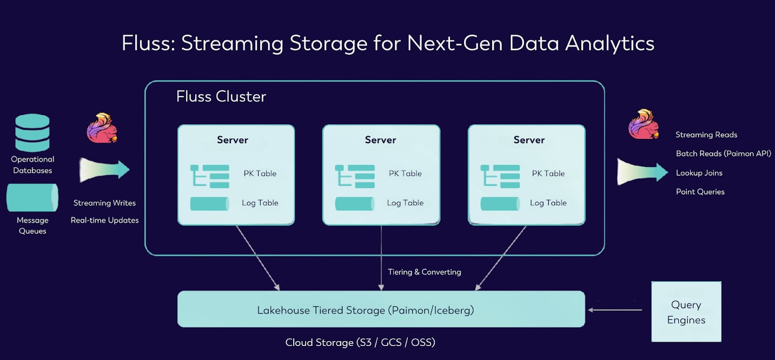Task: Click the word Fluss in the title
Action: (x=147, y=43)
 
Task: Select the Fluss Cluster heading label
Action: (x=221, y=97)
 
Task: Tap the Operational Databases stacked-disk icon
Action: (x=32, y=133)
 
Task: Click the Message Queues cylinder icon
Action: (x=32, y=198)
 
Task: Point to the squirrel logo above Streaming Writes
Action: (x=102, y=128)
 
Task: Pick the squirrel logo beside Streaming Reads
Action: (x=644, y=124)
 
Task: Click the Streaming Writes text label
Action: (x=104, y=203)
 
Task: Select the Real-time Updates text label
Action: (x=104, y=221)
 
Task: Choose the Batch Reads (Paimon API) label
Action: (x=723, y=154)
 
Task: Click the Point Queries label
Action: (x=700, y=192)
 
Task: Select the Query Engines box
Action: (x=686, y=312)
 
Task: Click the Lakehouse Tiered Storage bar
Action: (x=381, y=310)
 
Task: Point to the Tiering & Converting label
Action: (x=424, y=272)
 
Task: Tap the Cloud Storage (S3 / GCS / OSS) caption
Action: (x=360, y=343)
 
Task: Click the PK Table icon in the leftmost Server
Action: (x=210, y=176)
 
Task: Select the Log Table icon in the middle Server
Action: (x=355, y=204)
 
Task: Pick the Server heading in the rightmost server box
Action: (x=528, y=140)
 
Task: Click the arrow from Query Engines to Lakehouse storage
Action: (x=615, y=310)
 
